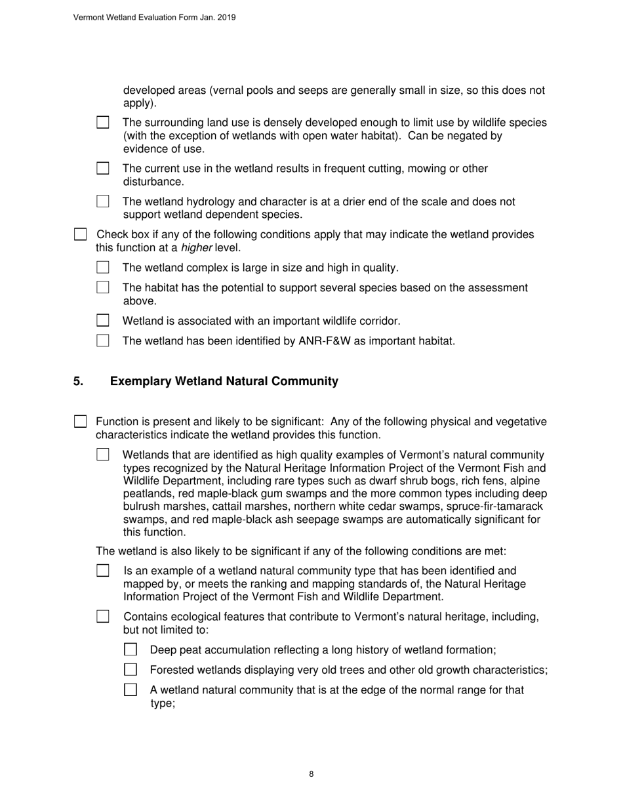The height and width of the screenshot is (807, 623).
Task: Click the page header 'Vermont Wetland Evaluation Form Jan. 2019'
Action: click(154, 18)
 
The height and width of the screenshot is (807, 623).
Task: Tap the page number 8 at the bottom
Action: click(311, 774)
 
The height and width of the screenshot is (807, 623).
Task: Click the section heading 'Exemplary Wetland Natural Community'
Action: click(224, 381)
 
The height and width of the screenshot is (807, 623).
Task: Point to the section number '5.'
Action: click(79, 381)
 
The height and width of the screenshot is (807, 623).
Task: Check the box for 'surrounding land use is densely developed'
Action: click(103, 123)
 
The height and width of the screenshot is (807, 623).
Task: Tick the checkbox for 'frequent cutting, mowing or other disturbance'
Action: click(103, 169)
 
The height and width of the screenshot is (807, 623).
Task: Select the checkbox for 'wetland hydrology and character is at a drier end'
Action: click(103, 201)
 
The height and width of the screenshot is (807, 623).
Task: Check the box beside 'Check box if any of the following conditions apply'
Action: click(80, 234)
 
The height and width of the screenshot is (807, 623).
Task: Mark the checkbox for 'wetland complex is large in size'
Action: click(103, 268)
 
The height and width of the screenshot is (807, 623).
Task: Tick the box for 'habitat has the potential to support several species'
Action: click(103, 287)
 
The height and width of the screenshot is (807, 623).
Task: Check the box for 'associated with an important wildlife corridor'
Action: click(103, 321)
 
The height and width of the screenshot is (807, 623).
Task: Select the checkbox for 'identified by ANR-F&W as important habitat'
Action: click(103, 341)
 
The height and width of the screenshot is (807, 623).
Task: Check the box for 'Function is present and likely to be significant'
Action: click(80, 421)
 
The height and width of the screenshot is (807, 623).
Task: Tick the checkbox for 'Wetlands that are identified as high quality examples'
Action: click(103, 455)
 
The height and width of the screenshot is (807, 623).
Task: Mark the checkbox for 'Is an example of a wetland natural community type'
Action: click(103, 571)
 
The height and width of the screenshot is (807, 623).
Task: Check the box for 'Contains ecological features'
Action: click(103, 617)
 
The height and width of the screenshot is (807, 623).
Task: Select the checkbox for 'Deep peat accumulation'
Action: click(131, 650)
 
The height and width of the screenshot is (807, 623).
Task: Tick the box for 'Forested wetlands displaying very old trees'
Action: click(131, 670)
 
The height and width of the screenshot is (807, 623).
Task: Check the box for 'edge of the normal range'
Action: click(131, 690)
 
